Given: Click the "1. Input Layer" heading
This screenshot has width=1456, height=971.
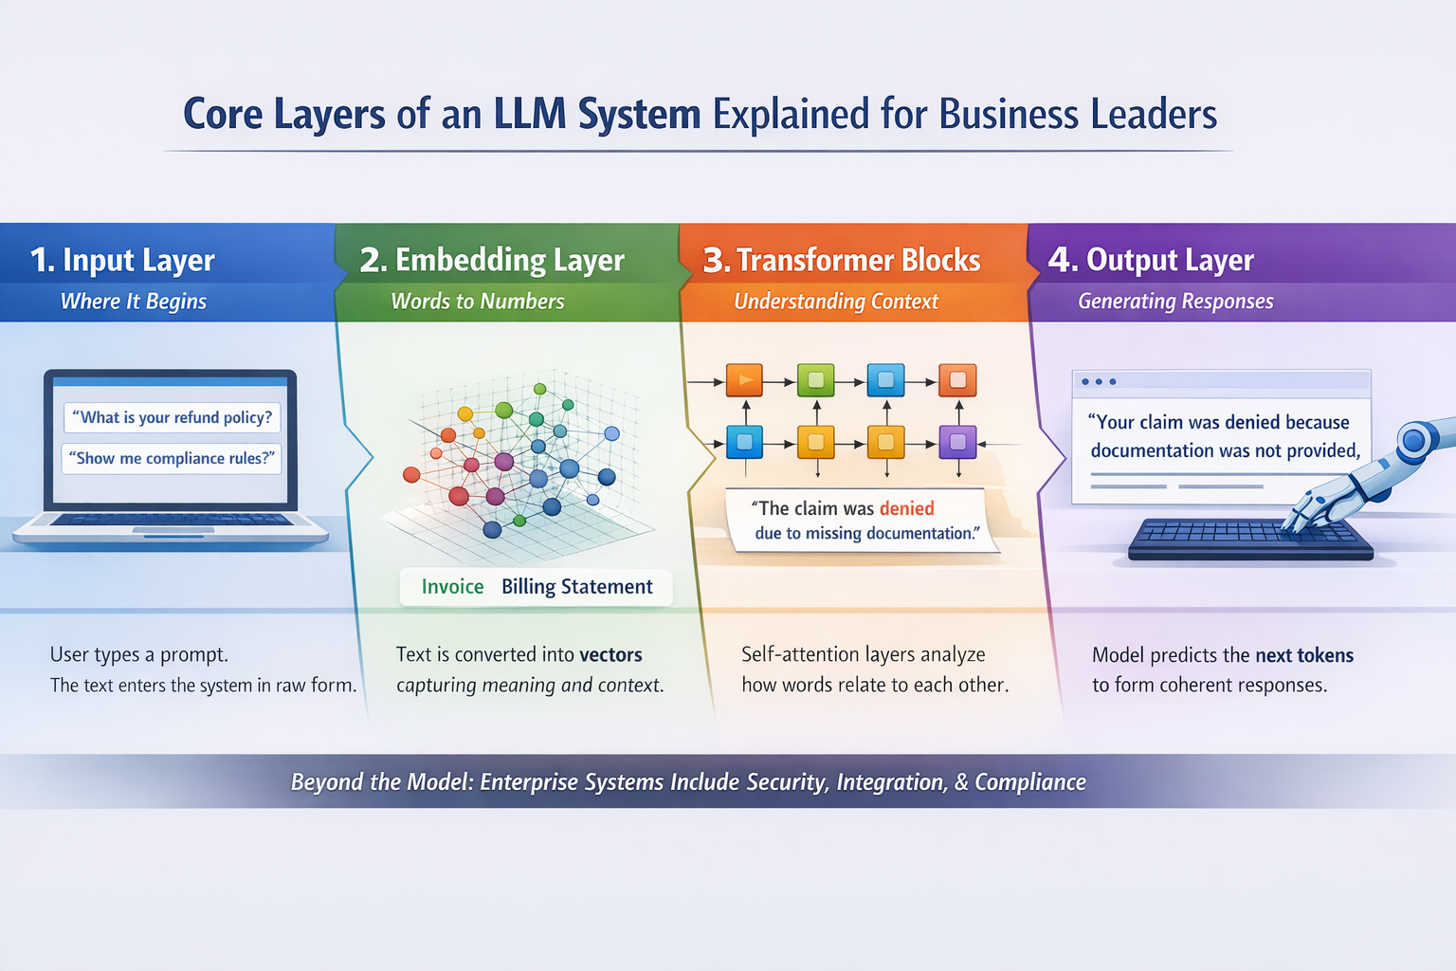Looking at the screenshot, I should (x=122, y=260).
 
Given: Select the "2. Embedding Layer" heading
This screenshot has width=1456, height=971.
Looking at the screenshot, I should (x=492, y=260).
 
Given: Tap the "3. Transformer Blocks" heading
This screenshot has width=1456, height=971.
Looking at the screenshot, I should (x=841, y=260).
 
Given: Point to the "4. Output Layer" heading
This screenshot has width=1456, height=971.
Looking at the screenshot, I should (x=1151, y=260).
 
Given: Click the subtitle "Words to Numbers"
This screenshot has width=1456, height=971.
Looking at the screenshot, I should (x=478, y=302).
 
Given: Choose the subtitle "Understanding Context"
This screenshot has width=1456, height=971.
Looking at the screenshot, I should (x=836, y=302).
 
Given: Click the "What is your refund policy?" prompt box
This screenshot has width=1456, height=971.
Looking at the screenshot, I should (x=173, y=417).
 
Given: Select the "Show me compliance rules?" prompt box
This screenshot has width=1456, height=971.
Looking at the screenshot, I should (x=172, y=458).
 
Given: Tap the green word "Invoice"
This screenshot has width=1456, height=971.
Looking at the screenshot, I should (x=452, y=587).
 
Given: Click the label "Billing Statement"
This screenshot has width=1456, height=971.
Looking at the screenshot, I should (x=577, y=587).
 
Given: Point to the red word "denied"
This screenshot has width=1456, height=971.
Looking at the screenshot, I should (x=906, y=508).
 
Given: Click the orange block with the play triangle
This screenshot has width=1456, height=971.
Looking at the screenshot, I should (x=744, y=380).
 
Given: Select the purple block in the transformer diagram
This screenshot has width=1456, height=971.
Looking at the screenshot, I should (x=957, y=441).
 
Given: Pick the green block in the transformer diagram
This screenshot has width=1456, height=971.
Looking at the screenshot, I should (x=815, y=380).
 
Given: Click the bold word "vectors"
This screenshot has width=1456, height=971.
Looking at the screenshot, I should (x=610, y=654).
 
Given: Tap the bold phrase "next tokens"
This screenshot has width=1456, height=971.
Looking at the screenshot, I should (x=1304, y=655).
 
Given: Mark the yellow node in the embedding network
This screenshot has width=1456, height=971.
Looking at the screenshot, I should (x=465, y=413).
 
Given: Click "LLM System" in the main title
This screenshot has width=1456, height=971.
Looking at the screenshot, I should (x=596, y=115).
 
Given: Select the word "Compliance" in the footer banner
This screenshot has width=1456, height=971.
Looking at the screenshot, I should (x=1030, y=782).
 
